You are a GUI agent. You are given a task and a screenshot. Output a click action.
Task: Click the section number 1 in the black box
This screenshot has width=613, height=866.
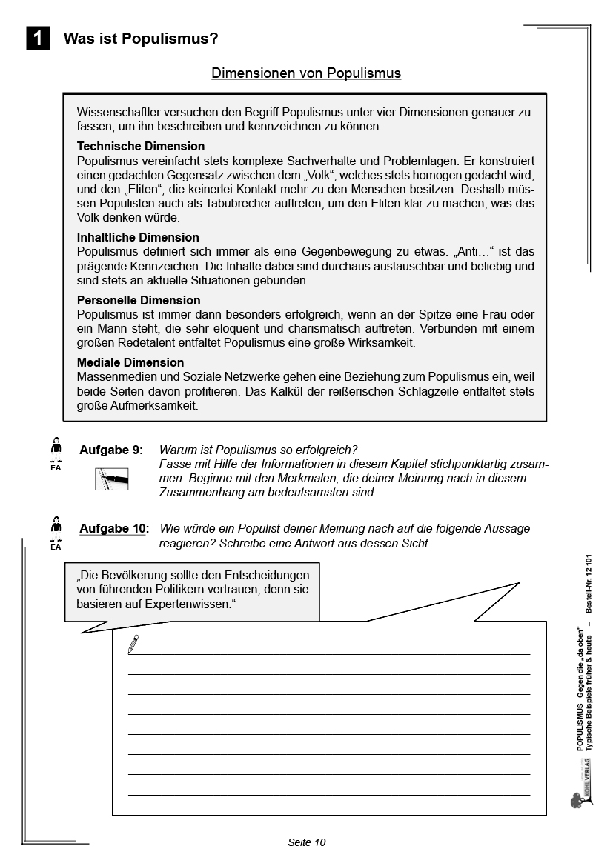point(38,39)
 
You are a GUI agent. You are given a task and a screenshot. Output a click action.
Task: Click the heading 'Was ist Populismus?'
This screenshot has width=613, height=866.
point(141,39)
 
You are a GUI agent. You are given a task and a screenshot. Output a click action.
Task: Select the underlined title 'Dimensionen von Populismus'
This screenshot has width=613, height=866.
point(306,73)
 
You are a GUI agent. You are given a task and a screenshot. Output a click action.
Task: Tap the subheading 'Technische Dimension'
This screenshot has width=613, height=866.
point(141,147)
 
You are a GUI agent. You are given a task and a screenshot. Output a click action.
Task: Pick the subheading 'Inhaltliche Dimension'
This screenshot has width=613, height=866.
point(138,237)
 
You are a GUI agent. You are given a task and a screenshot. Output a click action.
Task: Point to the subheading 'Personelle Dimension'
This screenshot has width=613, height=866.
point(139,300)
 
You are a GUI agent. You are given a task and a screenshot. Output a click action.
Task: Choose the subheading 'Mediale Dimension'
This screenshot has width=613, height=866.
point(130,362)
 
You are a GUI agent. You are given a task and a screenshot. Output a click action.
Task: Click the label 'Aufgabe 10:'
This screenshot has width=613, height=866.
point(114,528)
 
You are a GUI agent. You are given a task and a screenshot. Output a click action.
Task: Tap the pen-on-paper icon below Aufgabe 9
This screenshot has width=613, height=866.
point(111,479)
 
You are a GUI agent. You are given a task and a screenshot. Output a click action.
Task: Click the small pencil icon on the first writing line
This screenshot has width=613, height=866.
point(133,644)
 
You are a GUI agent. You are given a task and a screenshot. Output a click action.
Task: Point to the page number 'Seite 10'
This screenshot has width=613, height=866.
point(306,842)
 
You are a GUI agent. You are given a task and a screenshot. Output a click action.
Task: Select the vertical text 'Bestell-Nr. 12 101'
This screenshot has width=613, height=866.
point(589,582)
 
